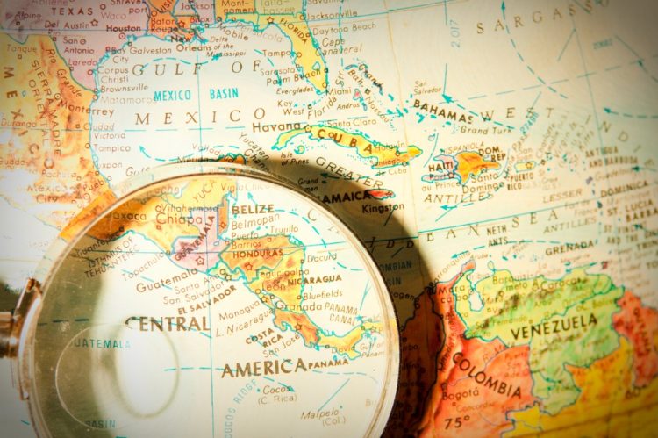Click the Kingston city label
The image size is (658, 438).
click(x=380, y=208)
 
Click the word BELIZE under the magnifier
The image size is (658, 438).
click(x=252, y=210)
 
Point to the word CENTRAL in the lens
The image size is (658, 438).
click(x=167, y=323)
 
